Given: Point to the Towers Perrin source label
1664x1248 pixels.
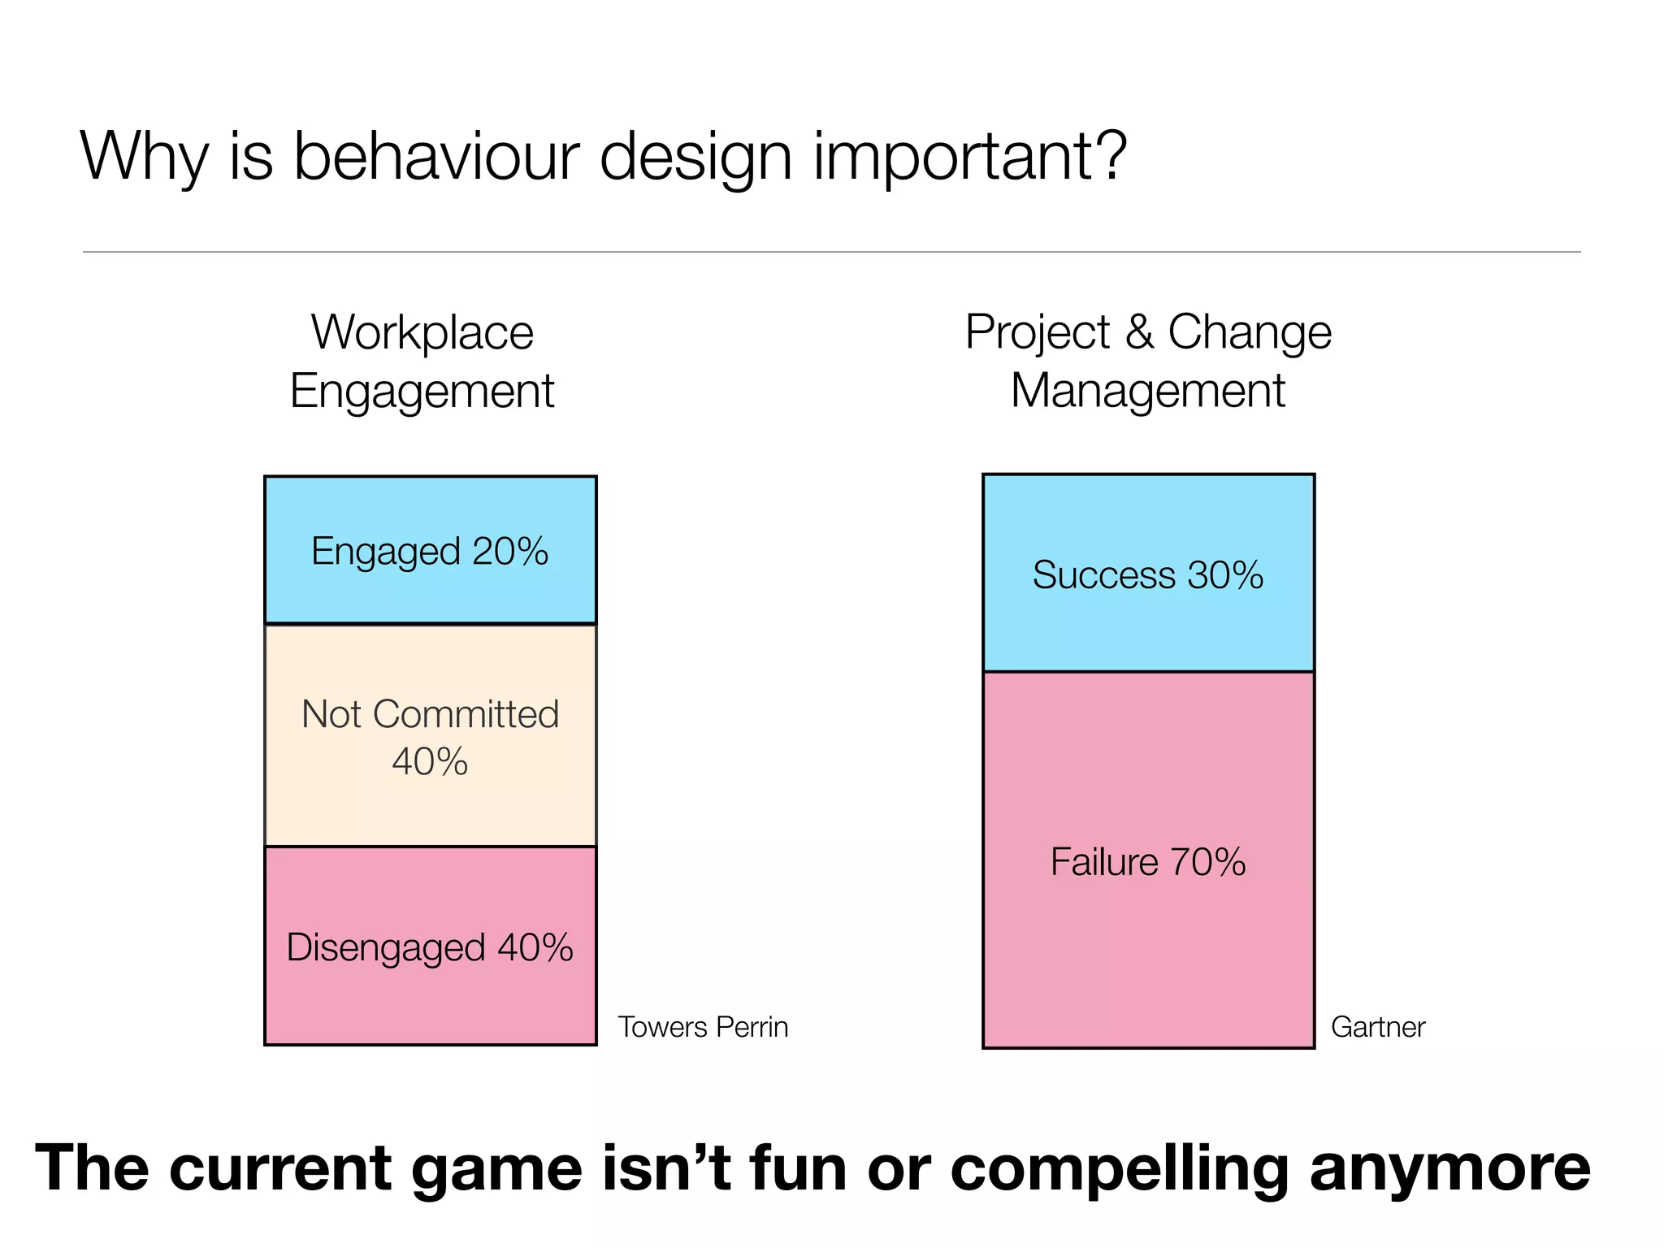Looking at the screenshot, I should (x=703, y=1027).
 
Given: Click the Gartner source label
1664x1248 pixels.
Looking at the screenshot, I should (x=1378, y=1027).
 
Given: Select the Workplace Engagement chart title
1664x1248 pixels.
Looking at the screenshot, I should (x=422, y=362).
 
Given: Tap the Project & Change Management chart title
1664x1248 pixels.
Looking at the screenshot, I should (x=1148, y=362).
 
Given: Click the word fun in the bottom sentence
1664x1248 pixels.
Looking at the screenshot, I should (x=798, y=1168).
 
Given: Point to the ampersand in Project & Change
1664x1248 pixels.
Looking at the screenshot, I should (x=1139, y=331).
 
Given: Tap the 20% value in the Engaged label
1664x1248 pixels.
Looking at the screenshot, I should (x=510, y=551).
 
